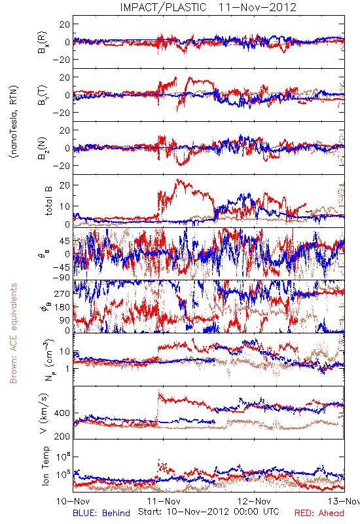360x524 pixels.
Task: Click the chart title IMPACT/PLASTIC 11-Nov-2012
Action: (x=208, y=7)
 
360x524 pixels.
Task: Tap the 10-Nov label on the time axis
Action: (x=73, y=501)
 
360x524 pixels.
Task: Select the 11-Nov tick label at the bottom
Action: (x=164, y=501)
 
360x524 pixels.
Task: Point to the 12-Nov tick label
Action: (x=254, y=501)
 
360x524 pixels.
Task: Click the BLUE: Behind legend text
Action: (x=101, y=513)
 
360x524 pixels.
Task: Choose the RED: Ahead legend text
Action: (x=319, y=513)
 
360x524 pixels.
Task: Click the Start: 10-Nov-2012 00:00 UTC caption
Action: (x=208, y=512)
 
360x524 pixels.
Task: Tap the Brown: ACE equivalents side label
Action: (x=13, y=333)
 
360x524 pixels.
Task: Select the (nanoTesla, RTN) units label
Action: (x=14, y=121)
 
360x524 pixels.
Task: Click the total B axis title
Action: (x=48, y=201)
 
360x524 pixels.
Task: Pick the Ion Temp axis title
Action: (x=45, y=466)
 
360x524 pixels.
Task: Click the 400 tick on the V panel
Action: (x=62, y=413)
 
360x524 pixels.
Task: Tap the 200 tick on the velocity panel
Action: (x=62, y=436)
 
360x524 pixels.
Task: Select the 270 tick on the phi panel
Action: (x=62, y=293)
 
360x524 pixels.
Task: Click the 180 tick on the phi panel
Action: (x=62, y=307)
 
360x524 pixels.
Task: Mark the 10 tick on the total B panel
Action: (x=65, y=206)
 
